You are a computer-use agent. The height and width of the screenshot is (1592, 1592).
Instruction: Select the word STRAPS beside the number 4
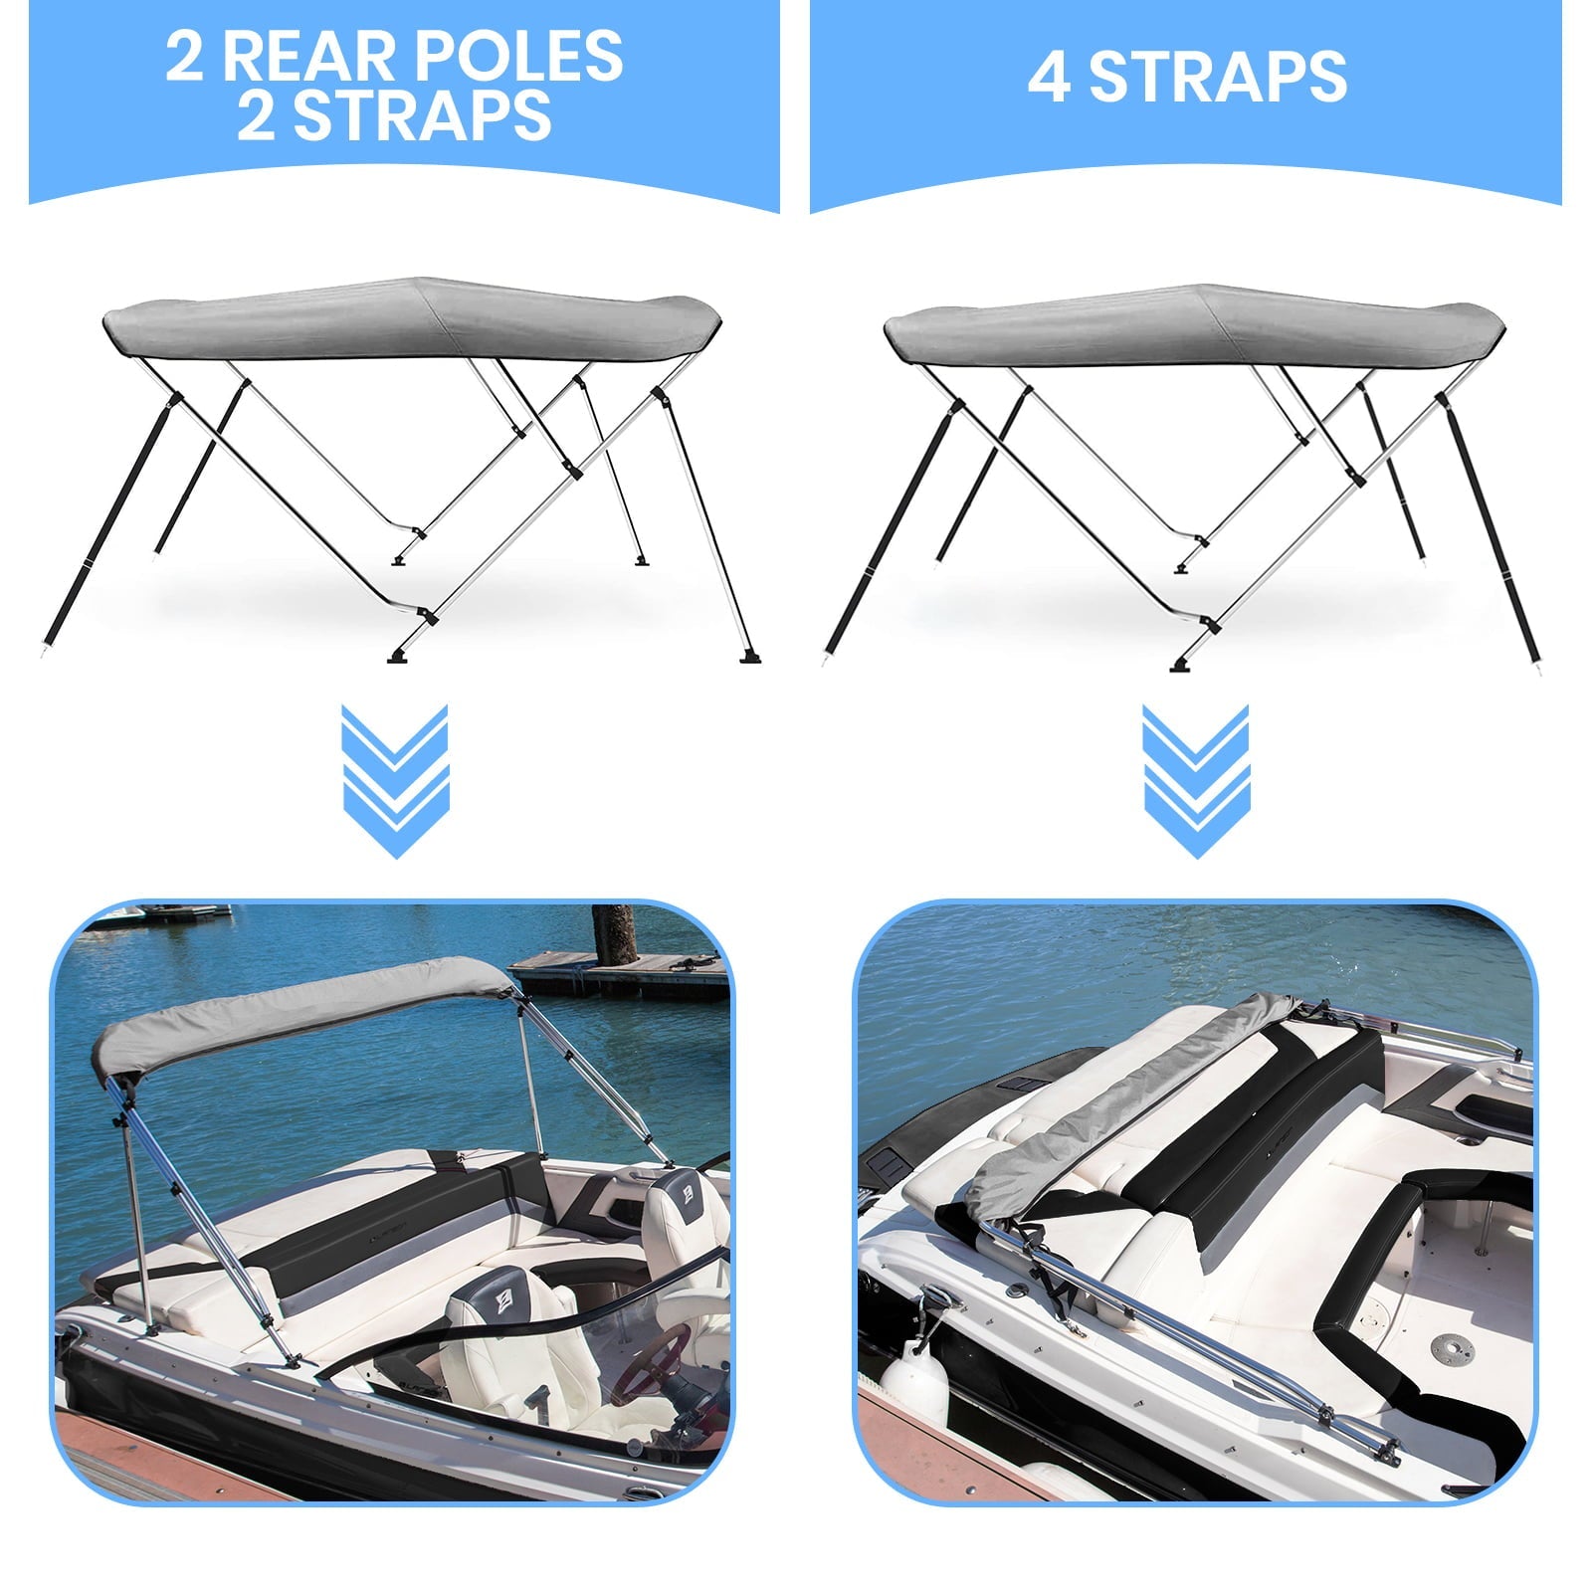[x=1218, y=78]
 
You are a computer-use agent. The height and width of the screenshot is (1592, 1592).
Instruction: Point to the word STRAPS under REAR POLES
[x=422, y=116]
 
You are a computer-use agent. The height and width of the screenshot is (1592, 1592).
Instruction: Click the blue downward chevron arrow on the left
[x=394, y=781]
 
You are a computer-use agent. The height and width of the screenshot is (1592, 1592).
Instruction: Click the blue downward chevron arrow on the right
[x=1195, y=781]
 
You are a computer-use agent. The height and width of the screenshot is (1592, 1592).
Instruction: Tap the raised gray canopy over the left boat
[x=298, y=1015]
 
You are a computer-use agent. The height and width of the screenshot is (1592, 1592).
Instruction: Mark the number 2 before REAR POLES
[x=184, y=57]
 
